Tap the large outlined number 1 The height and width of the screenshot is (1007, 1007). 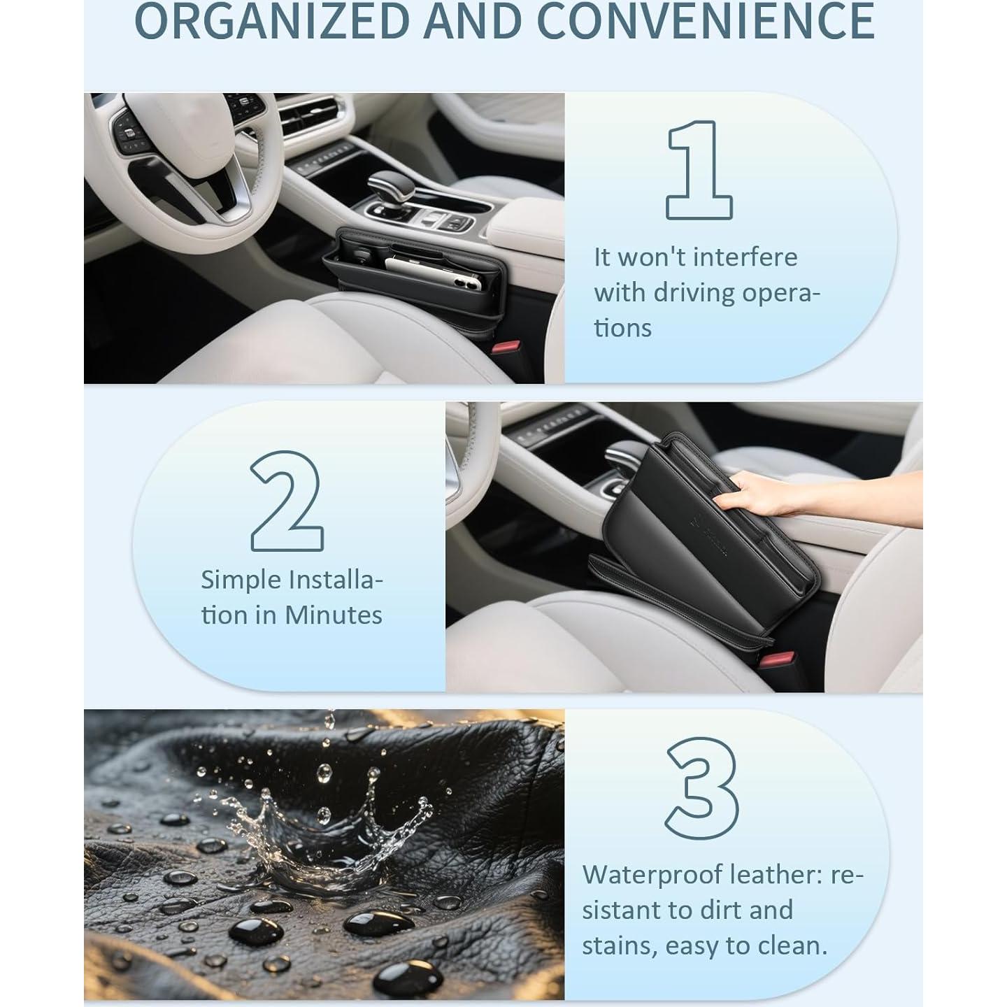coord(699,170)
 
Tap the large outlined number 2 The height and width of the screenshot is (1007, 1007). coord(287,501)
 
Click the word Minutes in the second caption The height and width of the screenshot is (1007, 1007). coord(334,615)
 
